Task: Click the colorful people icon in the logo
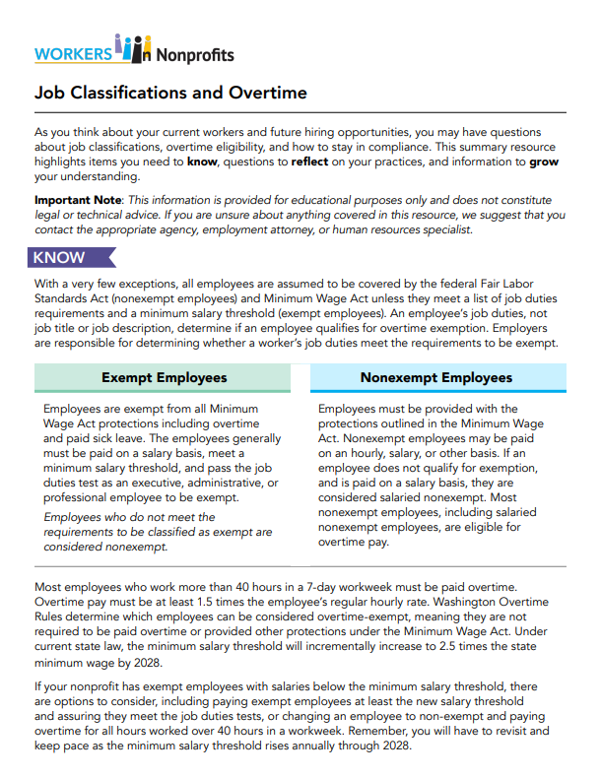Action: click(133, 46)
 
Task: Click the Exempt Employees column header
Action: click(165, 377)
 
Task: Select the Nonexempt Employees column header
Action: click(436, 377)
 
